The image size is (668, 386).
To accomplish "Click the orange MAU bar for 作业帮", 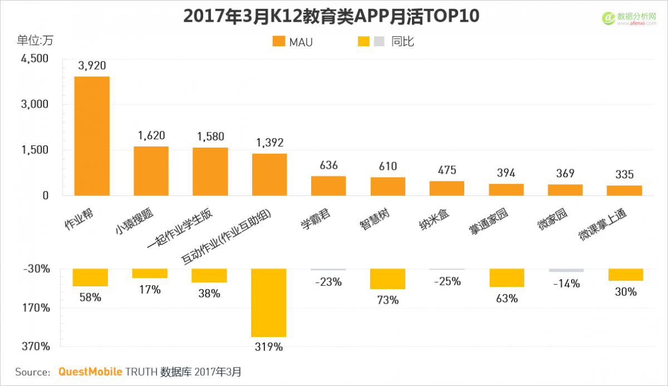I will (x=92, y=136).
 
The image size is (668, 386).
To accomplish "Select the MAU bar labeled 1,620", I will (x=151, y=171).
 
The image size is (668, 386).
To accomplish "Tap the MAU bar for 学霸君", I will (x=328, y=186).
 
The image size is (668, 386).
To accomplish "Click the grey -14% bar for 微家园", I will (x=566, y=271).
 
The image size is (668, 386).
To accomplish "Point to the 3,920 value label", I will (x=92, y=66).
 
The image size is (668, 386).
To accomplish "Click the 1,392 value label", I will (x=269, y=143).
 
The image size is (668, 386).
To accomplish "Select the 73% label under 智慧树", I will (x=388, y=300).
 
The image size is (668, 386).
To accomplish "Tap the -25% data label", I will (x=447, y=281).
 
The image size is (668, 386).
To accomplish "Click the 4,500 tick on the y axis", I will (x=35, y=59).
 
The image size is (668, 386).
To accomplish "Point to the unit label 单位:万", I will (x=35, y=40).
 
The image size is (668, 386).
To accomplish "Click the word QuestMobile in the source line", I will (x=89, y=372).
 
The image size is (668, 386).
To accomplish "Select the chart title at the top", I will (x=331, y=17).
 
